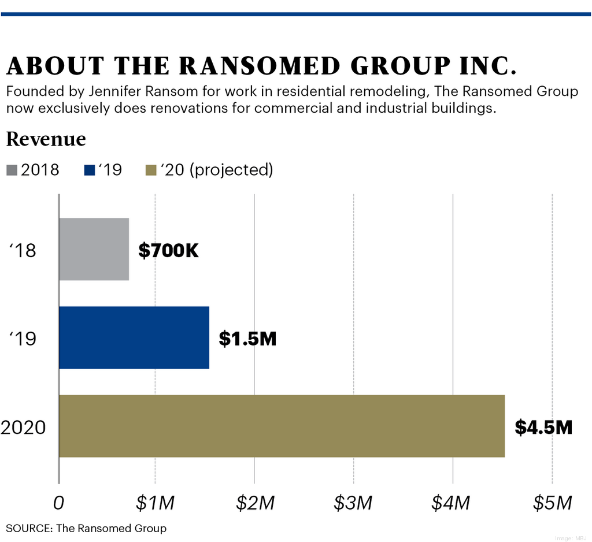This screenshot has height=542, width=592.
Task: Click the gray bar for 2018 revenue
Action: point(94,249)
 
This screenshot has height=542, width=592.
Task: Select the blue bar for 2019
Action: point(134,337)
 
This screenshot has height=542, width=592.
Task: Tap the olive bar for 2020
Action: point(282,426)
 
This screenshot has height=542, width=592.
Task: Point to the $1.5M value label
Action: point(247,339)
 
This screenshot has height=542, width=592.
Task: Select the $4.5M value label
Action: point(543,428)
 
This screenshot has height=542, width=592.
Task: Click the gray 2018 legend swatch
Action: point(12,170)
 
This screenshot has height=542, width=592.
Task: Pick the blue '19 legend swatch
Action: point(89,170)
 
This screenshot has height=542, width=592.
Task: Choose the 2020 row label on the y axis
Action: point(23,428)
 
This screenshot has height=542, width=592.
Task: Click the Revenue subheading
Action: point(46,139)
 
